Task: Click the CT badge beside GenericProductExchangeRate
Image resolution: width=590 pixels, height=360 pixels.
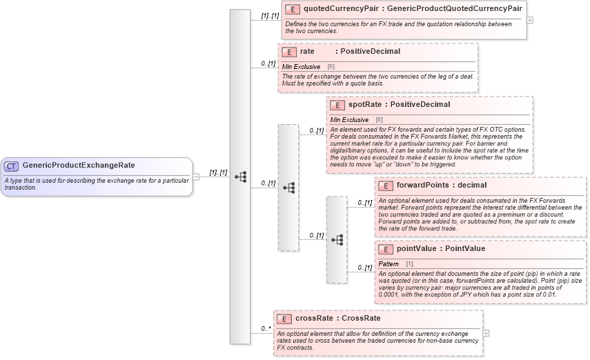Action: (12, 166)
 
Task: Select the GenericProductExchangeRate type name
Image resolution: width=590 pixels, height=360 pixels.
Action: (79, 166)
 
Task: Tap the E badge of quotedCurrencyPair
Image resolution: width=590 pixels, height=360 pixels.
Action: (293, 10)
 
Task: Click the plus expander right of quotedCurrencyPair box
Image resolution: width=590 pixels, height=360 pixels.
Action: (530, 20)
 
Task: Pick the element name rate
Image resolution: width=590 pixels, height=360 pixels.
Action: (307, 52)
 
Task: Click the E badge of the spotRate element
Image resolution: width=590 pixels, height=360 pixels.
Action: (337, 105)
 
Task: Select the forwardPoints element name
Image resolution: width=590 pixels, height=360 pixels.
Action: (422, 186)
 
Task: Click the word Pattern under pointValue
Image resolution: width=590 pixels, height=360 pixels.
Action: (389, 264)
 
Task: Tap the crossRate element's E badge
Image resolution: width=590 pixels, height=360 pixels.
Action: (284, 319)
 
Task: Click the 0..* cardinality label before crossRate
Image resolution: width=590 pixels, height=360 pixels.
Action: (265, 329)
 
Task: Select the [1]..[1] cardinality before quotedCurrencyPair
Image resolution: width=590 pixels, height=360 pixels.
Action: (270, 15)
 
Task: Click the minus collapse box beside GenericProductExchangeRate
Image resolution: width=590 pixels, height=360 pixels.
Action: (196, 177)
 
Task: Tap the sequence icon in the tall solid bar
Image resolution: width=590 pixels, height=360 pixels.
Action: (240, 177)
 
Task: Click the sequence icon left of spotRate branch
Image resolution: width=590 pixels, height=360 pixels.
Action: (288, 188)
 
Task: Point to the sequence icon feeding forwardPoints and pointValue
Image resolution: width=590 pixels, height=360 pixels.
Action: (337, 240)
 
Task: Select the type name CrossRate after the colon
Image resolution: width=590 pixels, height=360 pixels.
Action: (361, 319)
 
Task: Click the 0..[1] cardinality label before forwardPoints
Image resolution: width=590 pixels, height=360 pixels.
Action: (363, 203)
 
